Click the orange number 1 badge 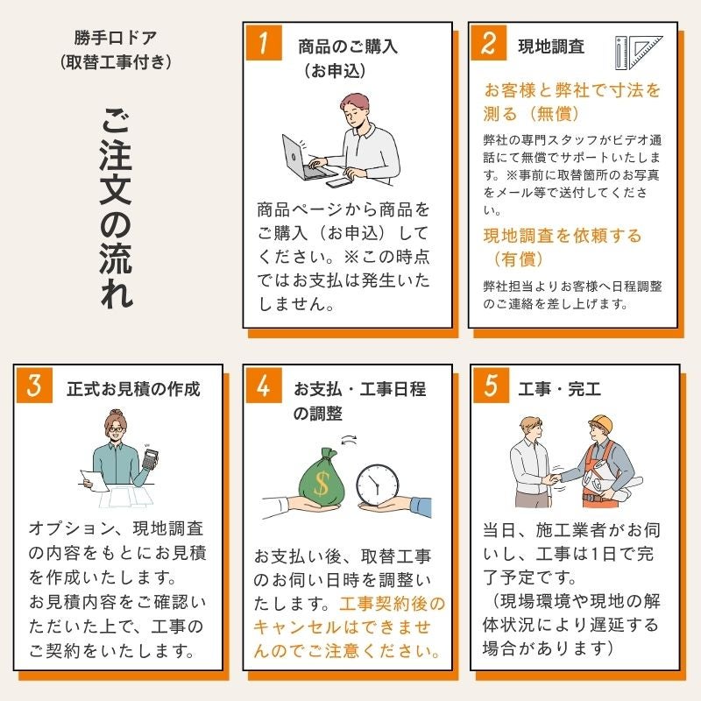[x=264, y=42]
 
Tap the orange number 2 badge [x=489, y=42]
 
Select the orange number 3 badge [x=34, y=386]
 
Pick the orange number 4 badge [x=264, y=386]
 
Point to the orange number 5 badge [x=491, y=386]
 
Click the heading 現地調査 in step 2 [x=551, y=46]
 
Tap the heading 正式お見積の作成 [x=133, y=389]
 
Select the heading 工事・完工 [x=559, y=389]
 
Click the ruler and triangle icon [x=639, y=53]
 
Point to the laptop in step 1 [x=304, y=159]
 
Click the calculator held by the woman [x=150, y=458]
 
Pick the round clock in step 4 [x=378, y=485]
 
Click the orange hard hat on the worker [x=602, y=423]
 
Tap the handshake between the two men [x=554, y=478]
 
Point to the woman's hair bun [x=117, y=413]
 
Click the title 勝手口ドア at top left [x=116, y=38]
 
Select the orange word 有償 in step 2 [x=519, y=258]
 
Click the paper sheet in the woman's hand [x=95, y=480]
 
